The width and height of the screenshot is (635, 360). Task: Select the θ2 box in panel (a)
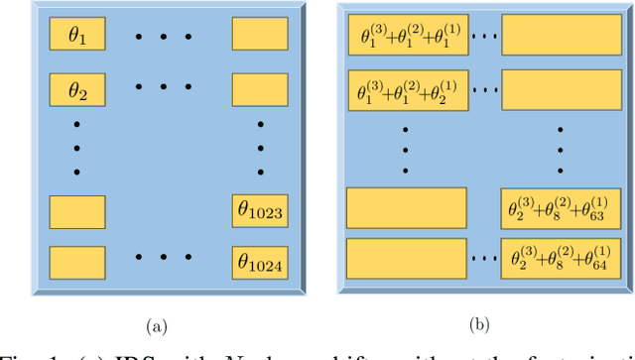[77, 91]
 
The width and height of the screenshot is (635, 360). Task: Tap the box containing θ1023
[260, 210]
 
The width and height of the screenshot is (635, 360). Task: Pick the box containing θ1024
[260, 263]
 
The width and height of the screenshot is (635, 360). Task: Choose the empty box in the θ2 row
[260, 91]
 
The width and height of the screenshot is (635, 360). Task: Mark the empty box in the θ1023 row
[77, 211]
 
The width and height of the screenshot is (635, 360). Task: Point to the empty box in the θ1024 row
[77, 263]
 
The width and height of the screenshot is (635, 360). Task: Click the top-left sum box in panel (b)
[406, 37]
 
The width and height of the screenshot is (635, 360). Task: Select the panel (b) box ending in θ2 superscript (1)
[406, 91]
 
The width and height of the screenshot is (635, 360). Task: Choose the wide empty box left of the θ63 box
[406, 207]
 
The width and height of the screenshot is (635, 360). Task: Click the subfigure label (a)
[157, 324]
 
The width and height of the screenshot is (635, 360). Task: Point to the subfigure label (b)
[481, 323]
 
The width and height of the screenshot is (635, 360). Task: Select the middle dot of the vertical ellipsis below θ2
[75, 149]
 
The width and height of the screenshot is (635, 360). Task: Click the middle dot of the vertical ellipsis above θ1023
[260, 149]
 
